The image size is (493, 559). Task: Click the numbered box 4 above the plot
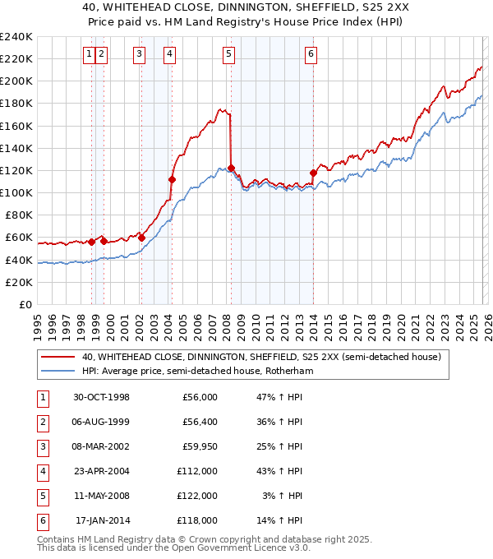169,55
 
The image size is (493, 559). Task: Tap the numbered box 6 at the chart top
311,55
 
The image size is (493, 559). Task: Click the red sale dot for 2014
313,173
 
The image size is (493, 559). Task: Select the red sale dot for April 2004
172,179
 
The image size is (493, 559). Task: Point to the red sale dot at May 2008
231,168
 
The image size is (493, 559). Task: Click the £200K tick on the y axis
16,81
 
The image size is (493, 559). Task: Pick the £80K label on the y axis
19,215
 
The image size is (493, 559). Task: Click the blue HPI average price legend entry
197,372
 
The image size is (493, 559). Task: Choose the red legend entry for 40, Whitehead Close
261,357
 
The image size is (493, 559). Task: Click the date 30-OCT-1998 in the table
103,397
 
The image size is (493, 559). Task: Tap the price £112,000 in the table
197,472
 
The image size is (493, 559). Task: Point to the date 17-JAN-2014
103,521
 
